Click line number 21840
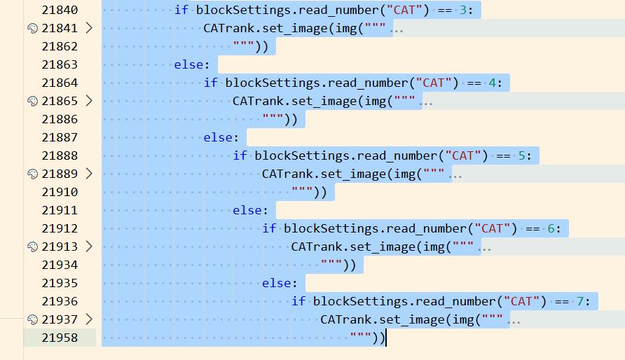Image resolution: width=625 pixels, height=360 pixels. coord(60,10)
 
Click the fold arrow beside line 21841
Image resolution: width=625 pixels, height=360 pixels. coord(88,28)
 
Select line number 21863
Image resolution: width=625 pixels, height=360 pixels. coord(60,64)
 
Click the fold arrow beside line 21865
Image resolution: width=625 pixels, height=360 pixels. coord(88,101)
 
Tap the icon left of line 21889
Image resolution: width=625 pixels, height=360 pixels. coord(32,174)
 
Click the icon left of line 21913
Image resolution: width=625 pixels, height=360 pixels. coord(32,247)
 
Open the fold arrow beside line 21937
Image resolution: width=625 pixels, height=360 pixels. coord(88,319)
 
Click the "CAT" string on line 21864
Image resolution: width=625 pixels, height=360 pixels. coord(434,83)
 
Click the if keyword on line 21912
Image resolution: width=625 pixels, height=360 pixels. coord(269,228)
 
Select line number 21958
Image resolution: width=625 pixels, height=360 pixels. coord(60,338)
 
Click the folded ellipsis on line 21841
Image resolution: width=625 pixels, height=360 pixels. coord(397,29)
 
